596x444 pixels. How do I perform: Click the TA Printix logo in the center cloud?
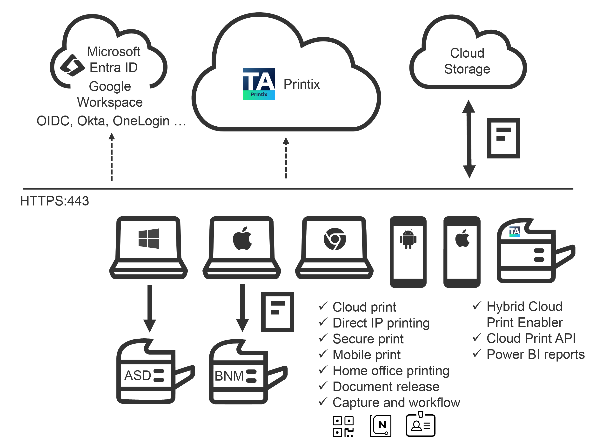tap(259, 84)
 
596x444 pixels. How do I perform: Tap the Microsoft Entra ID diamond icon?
tap(72, 65)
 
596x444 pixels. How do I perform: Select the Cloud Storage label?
tap(467, 61)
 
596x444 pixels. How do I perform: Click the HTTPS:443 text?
tap(54, 201)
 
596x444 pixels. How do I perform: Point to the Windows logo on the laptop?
tap(149, 238)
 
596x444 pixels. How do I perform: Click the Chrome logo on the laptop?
tap(335, 239)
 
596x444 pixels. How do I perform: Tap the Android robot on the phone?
tap(408, 239)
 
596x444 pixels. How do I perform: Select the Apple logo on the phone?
tap(462, 238)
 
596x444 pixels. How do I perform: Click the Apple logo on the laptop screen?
tap(242, 238)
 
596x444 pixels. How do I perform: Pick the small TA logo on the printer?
tap(514, 232)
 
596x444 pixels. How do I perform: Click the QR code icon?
tap(343, 427)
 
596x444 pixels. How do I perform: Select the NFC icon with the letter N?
tap(380, 426)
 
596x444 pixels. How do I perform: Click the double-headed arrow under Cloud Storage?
tap(469, 139)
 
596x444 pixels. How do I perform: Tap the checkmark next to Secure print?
tap(323, 338)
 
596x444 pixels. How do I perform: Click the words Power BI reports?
tap(535, 354)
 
